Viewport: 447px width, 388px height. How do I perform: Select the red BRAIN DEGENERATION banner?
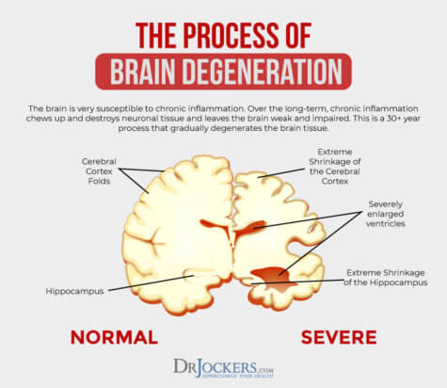[x=223, y=71]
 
